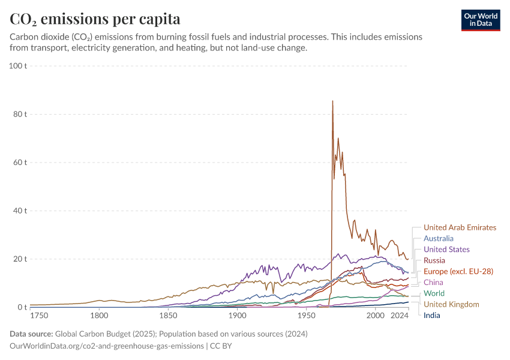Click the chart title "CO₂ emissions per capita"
tap(95, 19)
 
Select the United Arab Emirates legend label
tap(460, 227)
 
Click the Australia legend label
tap(438, 238)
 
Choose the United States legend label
tap(446, 249)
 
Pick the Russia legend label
tap(434, 260)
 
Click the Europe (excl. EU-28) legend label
tap(458, 271)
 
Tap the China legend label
tap(433, 282)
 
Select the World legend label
tap(434, 293)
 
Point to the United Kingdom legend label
tap(451, 304)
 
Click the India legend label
tap(432, 315)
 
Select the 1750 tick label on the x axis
tap(39, 315)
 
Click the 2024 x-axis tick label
tap(400, 315)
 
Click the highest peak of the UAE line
tap(332, 101)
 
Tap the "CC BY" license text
tap(221, 346)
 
